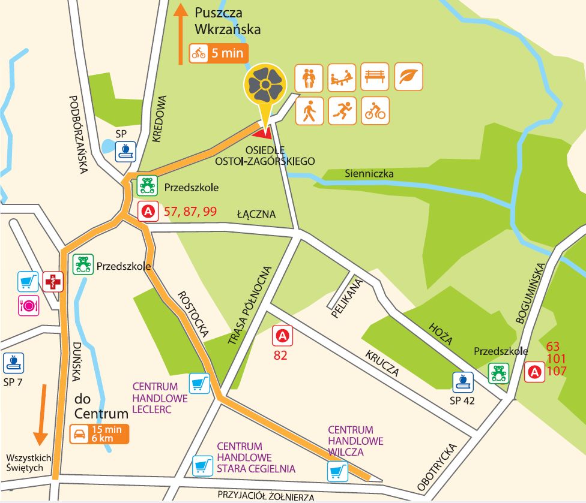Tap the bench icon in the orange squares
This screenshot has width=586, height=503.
pos(375,77)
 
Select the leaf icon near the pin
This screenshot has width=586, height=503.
pos(408,77)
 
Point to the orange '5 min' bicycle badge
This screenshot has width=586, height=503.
pos(218,53)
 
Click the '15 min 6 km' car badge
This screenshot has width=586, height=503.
pos(100,434)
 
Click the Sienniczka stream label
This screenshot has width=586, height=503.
pos(369,174)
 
